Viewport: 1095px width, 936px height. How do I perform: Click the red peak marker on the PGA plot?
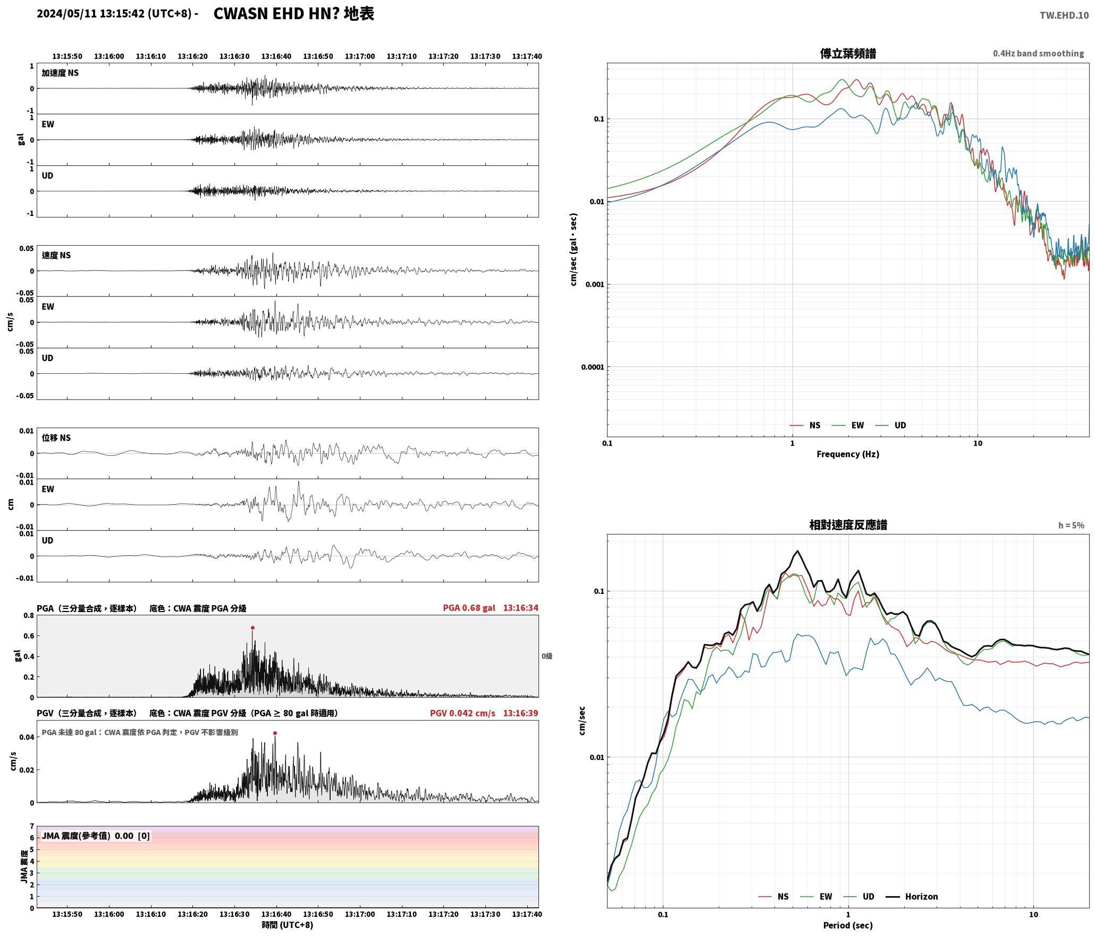point(252,628)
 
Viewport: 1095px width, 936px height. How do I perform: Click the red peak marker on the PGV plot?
point(275,733)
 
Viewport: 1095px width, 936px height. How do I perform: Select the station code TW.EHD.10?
point(1064,15)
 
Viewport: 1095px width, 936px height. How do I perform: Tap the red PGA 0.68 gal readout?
point(469,607)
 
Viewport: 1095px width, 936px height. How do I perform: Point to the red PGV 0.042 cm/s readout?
point(462,713)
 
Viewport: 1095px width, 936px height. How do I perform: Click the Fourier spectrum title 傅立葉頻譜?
point(848,53)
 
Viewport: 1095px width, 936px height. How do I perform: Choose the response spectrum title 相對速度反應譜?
point(848,524)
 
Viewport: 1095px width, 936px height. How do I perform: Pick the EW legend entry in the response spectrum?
point(816,896)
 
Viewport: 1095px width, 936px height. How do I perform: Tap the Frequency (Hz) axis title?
point(848,454)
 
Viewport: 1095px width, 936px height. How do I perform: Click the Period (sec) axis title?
point(848,925)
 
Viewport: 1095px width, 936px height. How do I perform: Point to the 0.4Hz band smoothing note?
point(1038,53)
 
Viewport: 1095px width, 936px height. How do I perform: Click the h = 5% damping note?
point(1071,525)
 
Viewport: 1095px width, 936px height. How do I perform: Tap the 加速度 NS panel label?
point(60,73)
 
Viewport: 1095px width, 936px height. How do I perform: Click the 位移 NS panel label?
point(56,438)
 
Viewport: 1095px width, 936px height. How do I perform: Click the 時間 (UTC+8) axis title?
point(288,925)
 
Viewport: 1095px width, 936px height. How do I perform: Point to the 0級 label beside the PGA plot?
point(547,656)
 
